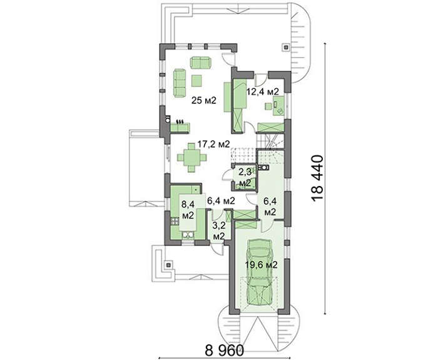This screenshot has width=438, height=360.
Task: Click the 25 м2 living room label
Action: click(203, 100)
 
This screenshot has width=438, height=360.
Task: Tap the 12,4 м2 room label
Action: click(262, 91)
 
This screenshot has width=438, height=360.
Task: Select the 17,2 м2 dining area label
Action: click(213, 144)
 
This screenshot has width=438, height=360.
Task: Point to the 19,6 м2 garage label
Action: click(261, 264)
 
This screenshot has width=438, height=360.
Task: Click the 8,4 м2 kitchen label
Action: click(188, 209)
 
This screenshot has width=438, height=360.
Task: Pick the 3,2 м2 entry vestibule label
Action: click(219, 231)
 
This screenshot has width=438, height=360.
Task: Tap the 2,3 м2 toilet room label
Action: click(245, 178)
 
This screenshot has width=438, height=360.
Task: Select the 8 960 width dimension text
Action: click(224, 349)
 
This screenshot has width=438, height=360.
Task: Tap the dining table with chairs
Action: click(191, 157)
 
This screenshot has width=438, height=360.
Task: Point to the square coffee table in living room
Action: click(198, 81)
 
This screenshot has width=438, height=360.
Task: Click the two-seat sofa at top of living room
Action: click(201, 63)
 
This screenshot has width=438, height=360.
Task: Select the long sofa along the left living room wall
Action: click(180, 83)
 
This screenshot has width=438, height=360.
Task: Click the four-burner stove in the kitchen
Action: click(175, 222)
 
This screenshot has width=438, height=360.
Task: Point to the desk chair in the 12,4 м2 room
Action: click(268, 106)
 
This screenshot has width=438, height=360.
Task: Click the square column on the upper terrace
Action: click(286, 47)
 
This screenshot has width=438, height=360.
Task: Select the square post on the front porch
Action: click(168, 264)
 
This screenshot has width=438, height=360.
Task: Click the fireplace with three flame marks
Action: click(180, 126)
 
